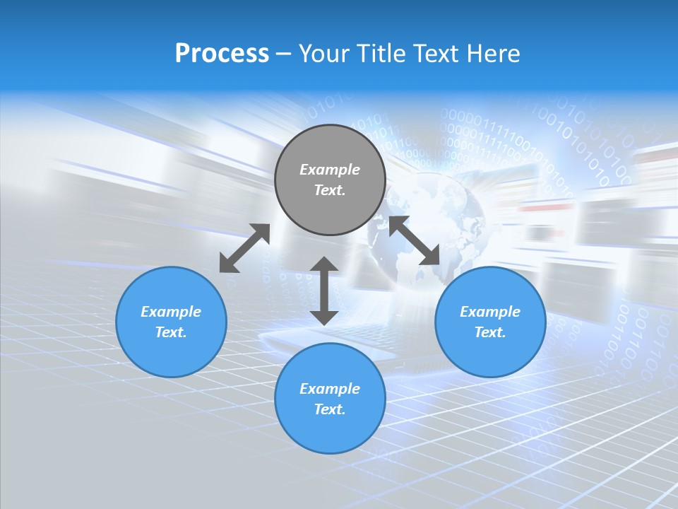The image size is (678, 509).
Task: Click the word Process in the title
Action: pyautogui.click(x=222, y=54)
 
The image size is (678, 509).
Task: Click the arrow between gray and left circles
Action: pyautogui.click(x=244, y=248)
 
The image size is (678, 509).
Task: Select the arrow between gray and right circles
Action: pyautogui.click(x=414, y=241)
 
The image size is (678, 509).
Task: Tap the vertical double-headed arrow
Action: pyautogui.click(x=324, y=291)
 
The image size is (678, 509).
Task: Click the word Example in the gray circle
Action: pyautogui.click(x=330, y=170)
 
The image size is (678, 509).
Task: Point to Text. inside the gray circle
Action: pyautogui.click(x=330, y=190)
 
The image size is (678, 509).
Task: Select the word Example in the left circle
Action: pyautogui.click(x=171, y=312)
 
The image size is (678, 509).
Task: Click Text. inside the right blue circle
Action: pyautogui.click(x=490, y=332)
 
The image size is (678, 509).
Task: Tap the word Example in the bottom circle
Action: pyautogui.click(x=330, y=389)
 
